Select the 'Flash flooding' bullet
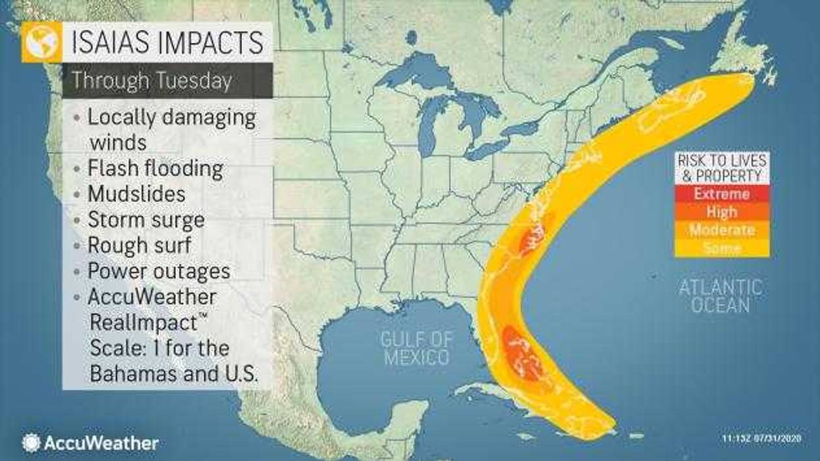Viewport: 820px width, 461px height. pos(155,168)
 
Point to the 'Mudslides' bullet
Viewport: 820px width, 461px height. pos(136,194)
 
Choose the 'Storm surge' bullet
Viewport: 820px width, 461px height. pos(146,220)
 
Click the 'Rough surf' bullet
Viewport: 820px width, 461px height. pos(139,245)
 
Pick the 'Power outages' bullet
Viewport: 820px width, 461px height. pos(159,271)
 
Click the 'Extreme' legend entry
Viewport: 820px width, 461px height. pos(722,195)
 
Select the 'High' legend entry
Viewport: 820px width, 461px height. pos(722,212)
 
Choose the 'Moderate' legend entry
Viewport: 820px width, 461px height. pos(722,230)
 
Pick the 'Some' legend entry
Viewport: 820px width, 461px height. pos(722,248)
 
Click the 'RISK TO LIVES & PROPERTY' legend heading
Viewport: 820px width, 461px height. pos(722,168)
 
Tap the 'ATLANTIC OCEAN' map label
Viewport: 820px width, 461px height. pos(721,296)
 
